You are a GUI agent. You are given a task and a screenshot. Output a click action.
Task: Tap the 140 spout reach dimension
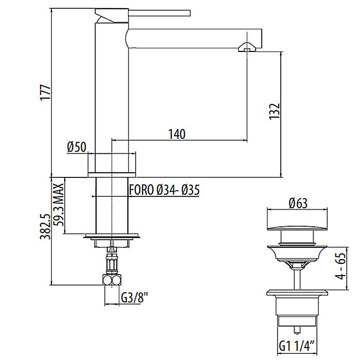[x=176, y=134]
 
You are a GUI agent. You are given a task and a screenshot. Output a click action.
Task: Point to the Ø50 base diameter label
[x=76, y=147]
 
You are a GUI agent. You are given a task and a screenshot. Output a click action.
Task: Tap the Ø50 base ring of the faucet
[x=112, y=163]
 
